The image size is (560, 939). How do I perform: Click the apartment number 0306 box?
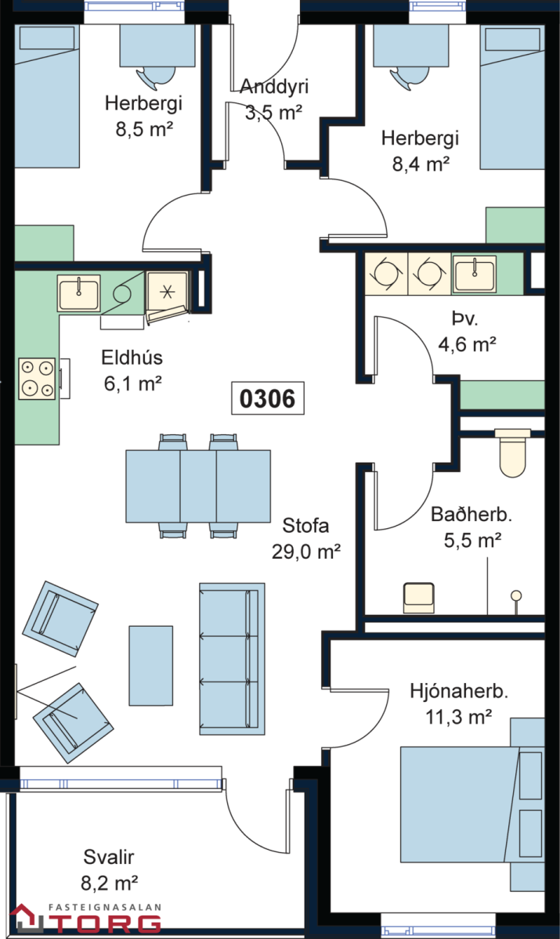click(x=267, y=399)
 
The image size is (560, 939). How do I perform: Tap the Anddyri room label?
click(x=273, y=99)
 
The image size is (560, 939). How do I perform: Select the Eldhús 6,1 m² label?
click(x=132, y=369)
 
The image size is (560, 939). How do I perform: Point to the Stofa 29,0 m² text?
click(x=305, y=538)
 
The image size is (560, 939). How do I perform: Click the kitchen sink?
click(x=78, y=293)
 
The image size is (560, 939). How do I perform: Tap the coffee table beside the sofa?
click(x=150, y=664)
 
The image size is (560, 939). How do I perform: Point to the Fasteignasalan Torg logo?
click(x=85, y=919)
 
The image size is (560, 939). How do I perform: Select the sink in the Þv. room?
click(x=475, y=273)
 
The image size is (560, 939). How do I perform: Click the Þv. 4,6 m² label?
click(x=468, y=332)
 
